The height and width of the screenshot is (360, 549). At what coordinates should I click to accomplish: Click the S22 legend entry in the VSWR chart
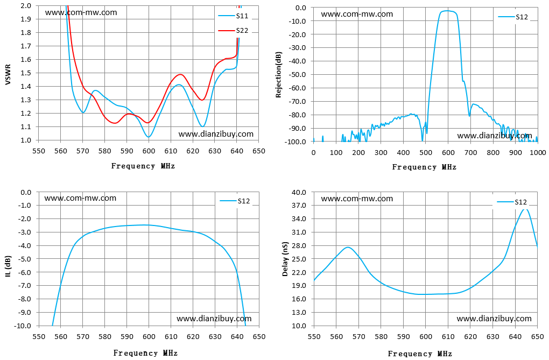click(233, 31)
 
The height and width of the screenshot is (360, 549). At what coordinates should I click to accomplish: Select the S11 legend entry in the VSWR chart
click(233, 16)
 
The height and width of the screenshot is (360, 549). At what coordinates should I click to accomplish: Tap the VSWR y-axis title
click(8, 75)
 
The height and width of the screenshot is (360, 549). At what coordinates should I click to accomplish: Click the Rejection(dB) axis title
click(279, 75)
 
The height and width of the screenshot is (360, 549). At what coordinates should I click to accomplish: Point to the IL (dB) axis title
click(8, 266)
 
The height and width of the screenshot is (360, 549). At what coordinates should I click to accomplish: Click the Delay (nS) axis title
click(285, 259)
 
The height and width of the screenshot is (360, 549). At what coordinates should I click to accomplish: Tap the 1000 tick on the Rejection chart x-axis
click(538, 152)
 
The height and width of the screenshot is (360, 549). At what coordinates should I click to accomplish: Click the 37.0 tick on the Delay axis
click(299, 206)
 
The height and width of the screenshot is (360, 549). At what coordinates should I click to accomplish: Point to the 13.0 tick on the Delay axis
click(299, 312)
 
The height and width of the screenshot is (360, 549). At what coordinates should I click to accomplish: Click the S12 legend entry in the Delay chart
click(512, 202)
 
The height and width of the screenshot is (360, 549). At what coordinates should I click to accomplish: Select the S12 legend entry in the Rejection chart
click(513, 17)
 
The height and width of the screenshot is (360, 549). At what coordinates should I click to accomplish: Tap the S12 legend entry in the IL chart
click(235, 201)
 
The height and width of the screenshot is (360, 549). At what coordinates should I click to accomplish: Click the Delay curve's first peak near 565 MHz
click(348, 247)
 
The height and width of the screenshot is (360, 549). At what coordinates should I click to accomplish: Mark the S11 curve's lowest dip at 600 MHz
click(149, 137)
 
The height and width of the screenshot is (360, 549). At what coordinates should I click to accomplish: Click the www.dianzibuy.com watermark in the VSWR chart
click(216, 134)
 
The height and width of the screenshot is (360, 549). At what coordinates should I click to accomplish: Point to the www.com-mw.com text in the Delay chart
click(357, 199)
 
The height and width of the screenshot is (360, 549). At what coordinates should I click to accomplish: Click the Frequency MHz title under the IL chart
click(145, 352)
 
